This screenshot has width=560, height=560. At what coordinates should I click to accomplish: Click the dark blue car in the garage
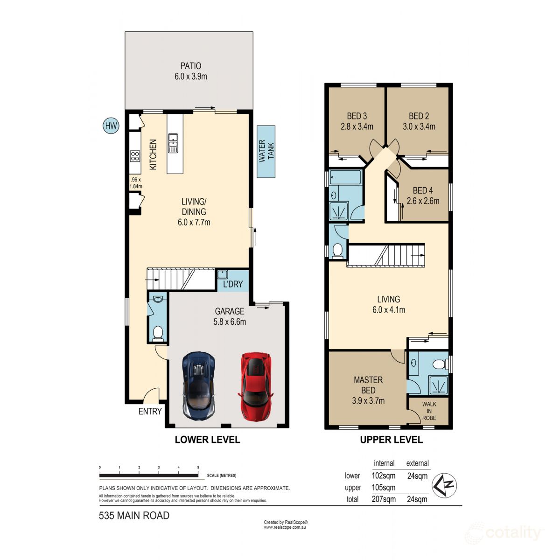[199, 385]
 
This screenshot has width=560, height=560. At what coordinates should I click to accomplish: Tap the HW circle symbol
[111, 126]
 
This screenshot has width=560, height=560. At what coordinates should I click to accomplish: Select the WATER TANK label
[266, 151]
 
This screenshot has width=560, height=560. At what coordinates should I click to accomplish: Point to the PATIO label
[191, 66]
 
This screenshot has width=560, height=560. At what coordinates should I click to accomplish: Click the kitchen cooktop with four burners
[135, 156]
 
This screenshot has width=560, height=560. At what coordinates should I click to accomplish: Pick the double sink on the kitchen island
[173, 143]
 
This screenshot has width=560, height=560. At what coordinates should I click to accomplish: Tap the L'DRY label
[232, 284]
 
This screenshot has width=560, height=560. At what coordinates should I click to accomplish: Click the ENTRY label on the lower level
[150, 411]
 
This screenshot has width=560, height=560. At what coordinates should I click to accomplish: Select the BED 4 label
[422, 190]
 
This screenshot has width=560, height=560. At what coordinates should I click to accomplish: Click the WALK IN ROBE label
[429, 411]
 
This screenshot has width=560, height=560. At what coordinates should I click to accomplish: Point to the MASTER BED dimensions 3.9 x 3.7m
[368, 401]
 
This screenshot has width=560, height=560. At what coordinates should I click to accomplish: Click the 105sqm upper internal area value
[384, 487]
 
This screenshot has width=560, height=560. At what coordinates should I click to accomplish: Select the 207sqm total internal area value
[384, 499]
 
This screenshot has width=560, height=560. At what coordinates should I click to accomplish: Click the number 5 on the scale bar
[198, 467]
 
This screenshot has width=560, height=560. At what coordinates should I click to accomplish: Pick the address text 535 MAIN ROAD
[134, 515]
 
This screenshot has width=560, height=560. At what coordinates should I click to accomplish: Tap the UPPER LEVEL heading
[391, 440]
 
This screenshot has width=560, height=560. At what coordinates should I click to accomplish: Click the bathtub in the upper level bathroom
[346, 177]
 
